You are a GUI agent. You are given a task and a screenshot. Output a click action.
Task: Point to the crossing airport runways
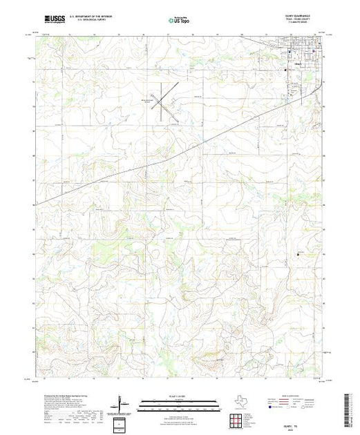pyautogui.click(x=160, y=103)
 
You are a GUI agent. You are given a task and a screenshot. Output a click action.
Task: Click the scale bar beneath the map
pyautogui.click(x=179, y=401)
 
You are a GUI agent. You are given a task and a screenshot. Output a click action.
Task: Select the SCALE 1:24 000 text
pyautogui.click(x=179, y=395)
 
